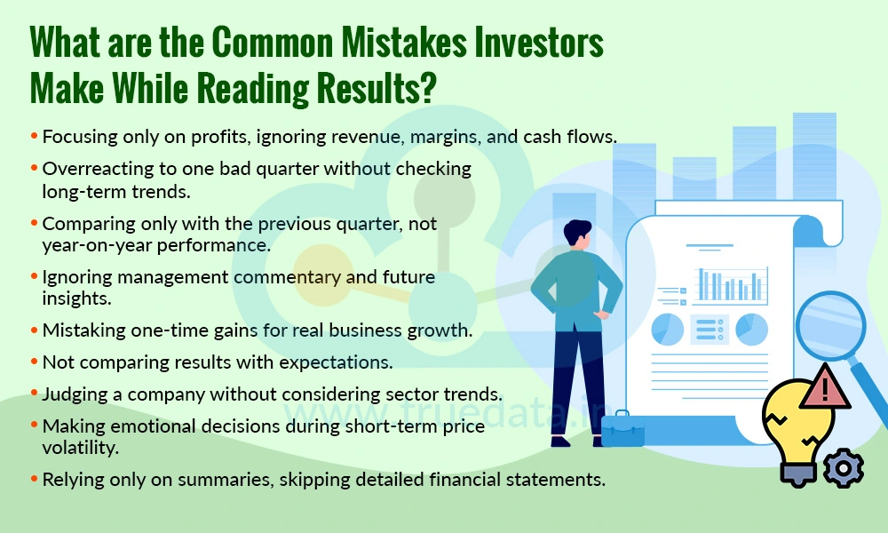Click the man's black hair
pos(576,233)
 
